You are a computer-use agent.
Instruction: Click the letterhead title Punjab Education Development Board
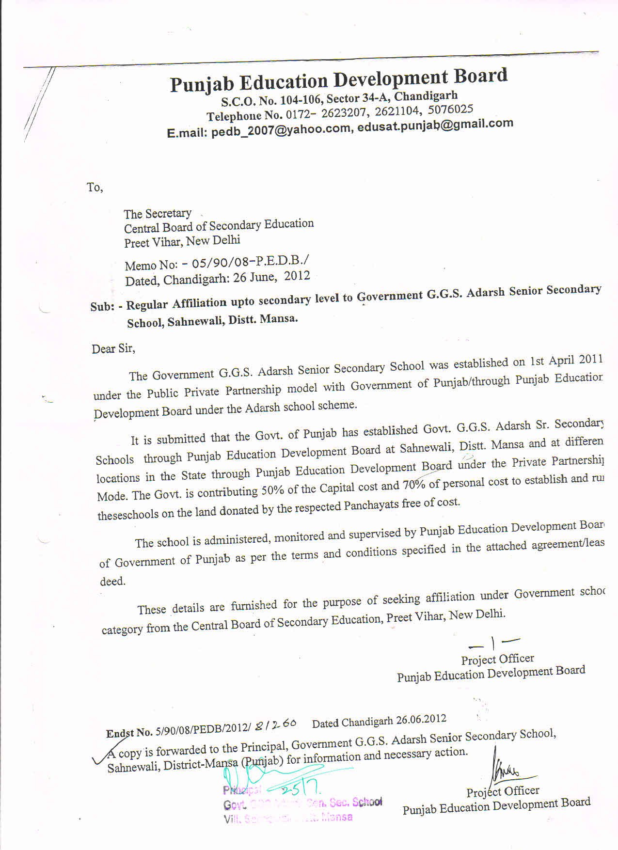point(338,80)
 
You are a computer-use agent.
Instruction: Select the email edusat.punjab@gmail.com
point(435,125)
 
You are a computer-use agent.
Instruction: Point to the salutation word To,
point(95,187)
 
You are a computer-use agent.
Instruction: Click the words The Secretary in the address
point(158,214)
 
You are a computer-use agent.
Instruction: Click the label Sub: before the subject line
point(102,307)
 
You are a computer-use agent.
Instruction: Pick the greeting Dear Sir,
point(113,348)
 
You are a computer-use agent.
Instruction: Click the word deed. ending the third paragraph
point(112,582)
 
